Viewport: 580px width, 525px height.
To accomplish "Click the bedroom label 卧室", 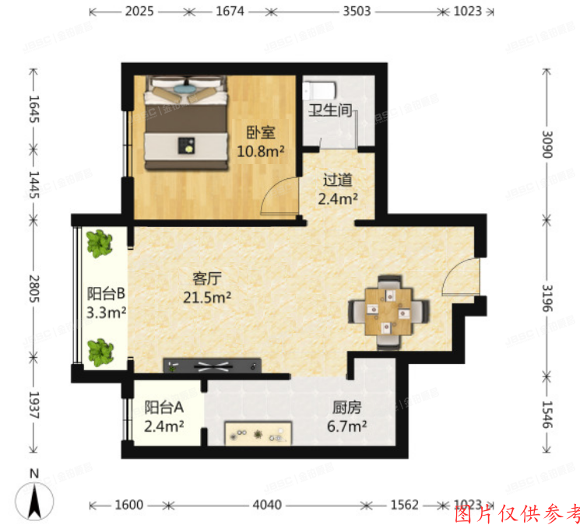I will (259, 132).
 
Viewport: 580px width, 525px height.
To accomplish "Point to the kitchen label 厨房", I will (346, 407).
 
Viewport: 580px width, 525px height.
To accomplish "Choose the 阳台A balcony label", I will (163, 407).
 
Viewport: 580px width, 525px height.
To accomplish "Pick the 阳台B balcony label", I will (106, 293).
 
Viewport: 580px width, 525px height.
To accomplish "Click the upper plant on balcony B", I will (100, 244).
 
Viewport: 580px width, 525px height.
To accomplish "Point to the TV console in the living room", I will (211, 364).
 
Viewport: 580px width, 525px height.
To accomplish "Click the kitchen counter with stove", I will (258, 433).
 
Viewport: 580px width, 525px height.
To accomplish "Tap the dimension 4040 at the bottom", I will (267, 505).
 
